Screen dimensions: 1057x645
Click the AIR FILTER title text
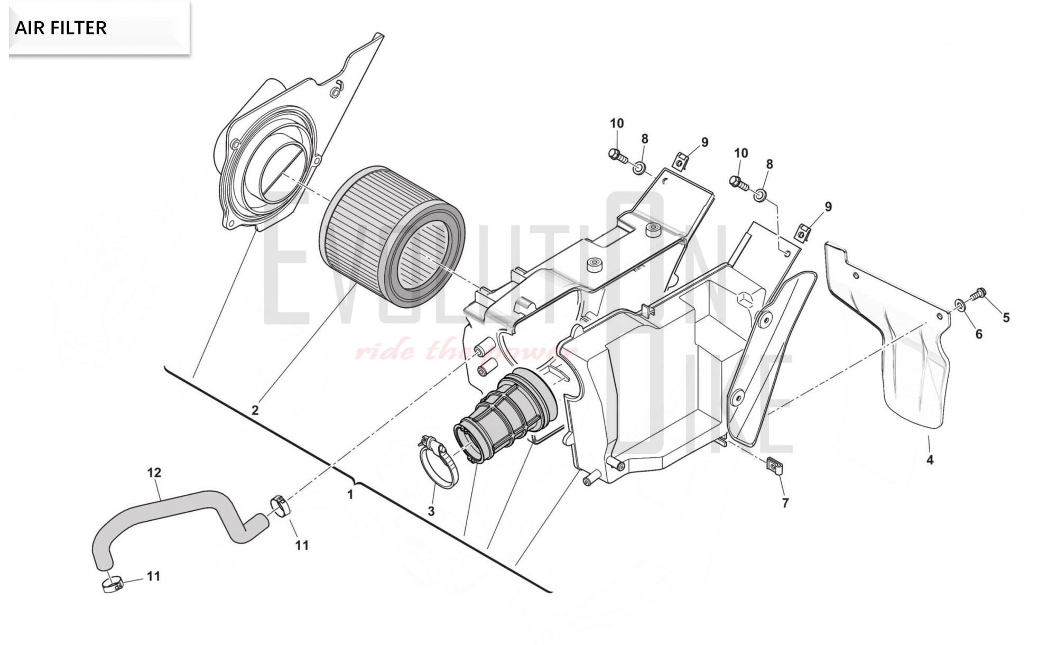point(61,27)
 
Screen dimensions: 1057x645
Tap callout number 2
point(255,410)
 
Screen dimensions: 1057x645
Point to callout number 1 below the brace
point(350,494)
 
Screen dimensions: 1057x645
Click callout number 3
point(431,511)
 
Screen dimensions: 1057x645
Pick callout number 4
point(930,459)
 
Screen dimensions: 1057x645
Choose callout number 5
point(1006,318)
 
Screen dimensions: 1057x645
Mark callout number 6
point(979,334)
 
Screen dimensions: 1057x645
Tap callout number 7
point(785,503)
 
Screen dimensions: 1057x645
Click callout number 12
point(154,472)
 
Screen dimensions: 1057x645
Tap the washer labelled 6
point(959,305)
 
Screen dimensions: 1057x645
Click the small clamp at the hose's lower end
point(112,584)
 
